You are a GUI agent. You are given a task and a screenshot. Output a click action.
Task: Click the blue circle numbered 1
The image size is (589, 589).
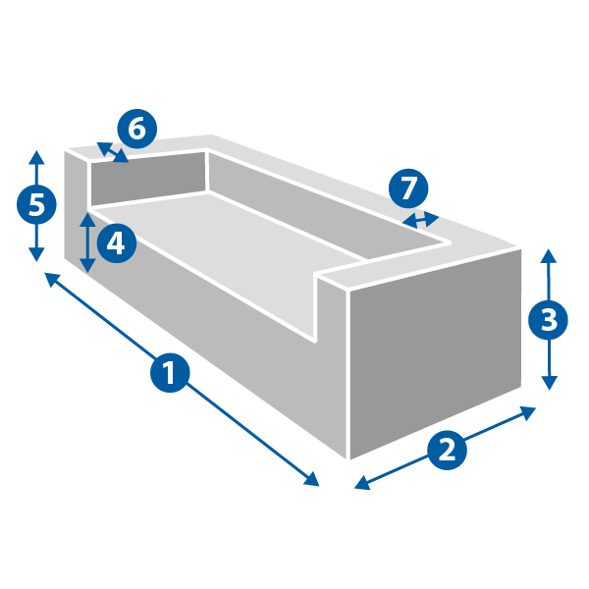point(170,372)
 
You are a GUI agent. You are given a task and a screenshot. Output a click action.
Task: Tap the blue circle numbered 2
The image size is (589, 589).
point(447,450)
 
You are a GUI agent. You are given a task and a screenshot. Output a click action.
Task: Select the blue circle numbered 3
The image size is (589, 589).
point(548,320)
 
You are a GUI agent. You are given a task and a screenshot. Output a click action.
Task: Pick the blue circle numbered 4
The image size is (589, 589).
point(117,243)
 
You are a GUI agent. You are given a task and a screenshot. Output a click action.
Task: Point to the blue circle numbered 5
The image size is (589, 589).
point(36,205)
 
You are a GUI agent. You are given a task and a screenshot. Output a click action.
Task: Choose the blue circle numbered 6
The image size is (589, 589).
point(137,129)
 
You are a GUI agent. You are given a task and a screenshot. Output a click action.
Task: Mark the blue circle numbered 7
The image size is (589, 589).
point(408,188)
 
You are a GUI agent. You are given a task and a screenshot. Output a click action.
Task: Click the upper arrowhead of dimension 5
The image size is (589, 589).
point(36,157)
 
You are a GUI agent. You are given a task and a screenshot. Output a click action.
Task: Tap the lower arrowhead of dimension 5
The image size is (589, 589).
point(36,254)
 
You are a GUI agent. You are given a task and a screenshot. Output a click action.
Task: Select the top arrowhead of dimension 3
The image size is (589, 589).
point(549,255)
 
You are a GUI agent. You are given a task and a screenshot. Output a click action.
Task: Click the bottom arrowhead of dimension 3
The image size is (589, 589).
point(549,383)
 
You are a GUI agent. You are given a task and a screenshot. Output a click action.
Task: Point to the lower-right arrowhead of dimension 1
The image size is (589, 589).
point(312,480)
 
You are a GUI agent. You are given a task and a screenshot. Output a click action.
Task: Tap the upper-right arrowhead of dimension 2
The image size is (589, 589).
point(528,412)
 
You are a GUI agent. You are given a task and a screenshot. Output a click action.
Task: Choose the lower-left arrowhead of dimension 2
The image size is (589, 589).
point(361,483)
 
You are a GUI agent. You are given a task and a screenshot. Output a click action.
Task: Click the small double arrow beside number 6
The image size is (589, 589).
point(113,152)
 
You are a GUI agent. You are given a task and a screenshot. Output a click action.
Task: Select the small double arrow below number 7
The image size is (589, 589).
point(421,220)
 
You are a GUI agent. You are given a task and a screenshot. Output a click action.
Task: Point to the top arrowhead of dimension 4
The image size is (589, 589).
point(87,219)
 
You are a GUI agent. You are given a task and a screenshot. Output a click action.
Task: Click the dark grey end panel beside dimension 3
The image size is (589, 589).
point(435,353)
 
